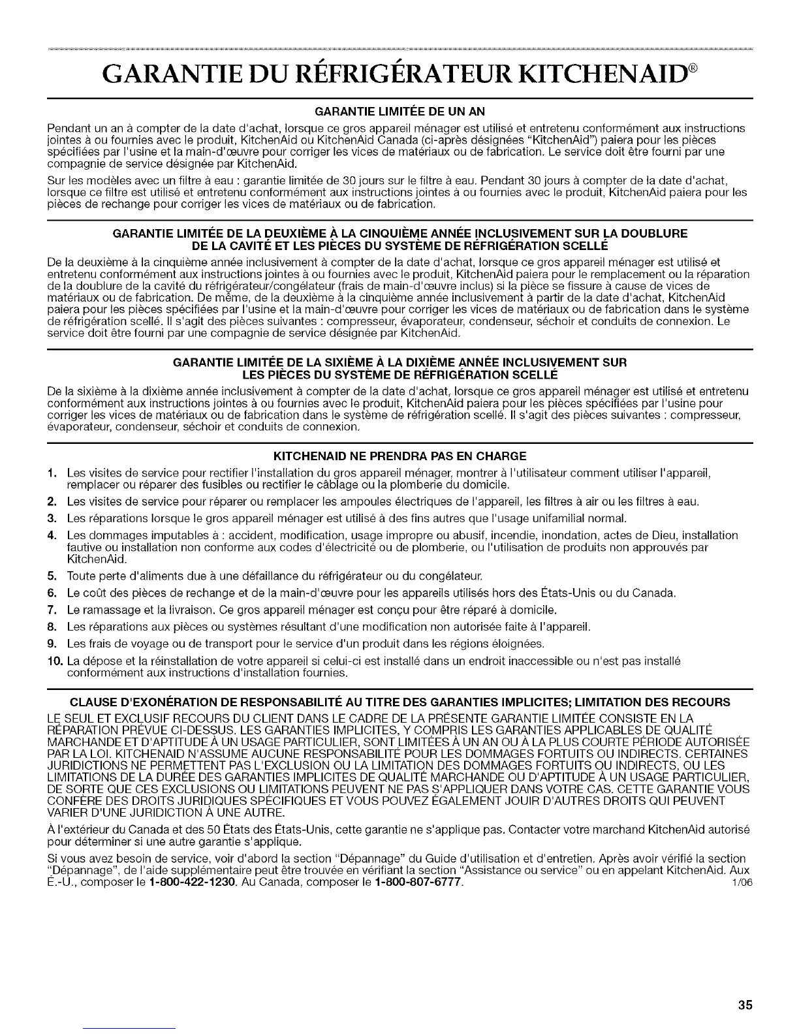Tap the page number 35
click(x=745, y=1005)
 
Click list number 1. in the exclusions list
click(x=52, y=472)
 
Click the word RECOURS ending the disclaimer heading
click(x=706, y=702)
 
